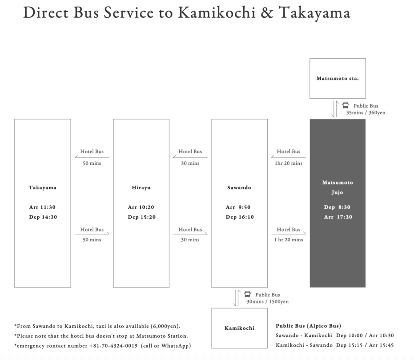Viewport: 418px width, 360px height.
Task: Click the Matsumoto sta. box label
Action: coord(338,78)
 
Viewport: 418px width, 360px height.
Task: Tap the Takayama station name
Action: coord(43,188)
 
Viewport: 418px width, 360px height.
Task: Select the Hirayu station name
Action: coord(141,188)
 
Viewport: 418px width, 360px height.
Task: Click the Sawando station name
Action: coord(239,188)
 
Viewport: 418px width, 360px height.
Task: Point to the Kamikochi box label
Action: coord(239,328)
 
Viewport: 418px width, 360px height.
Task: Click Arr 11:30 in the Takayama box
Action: coord(42,207)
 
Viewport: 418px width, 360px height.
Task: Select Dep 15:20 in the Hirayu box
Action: coord(141,217)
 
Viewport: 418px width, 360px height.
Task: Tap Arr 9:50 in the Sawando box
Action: coord(238,207)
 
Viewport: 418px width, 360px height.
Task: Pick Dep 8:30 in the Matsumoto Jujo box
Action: coord(337,207)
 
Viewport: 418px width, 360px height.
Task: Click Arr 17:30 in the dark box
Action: coord(338,217)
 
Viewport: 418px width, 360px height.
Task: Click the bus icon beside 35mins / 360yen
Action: coord(346,105)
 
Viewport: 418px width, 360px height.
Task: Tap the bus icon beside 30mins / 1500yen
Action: coord(247,294)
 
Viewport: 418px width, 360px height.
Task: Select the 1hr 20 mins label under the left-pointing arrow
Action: coord(289,163)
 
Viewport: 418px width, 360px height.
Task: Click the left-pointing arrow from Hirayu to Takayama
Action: coord(92,157)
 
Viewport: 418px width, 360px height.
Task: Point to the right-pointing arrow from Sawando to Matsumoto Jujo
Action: coord(289,233)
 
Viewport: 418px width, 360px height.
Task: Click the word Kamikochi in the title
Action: coord(217,12)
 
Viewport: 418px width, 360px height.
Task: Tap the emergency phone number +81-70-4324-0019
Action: coord(113,346)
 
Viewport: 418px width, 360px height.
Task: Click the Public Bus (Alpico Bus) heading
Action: coord(309,326)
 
